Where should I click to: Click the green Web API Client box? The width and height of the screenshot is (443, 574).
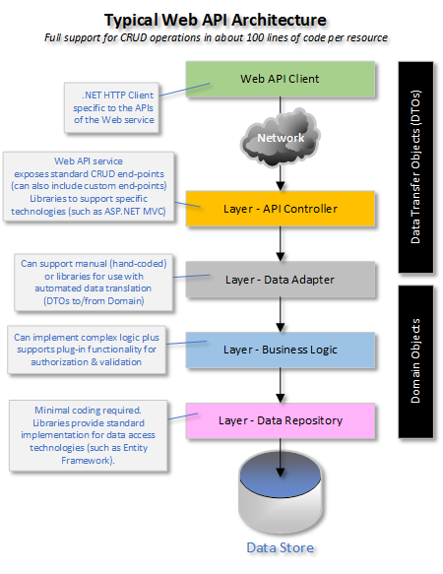point(281,79)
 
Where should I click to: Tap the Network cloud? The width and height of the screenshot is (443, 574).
point(281,138)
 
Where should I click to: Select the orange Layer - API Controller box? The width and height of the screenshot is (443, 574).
point(281,209)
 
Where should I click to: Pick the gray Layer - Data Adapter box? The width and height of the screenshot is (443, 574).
point(281,280)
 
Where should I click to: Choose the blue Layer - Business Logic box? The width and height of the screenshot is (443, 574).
point(281,350)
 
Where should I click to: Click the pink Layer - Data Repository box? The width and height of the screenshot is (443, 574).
point(281,420)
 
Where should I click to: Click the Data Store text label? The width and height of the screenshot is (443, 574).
point(282,547)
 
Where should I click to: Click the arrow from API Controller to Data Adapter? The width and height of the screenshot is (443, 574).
point(281,244)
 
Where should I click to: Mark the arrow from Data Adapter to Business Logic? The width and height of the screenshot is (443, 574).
point(281,315)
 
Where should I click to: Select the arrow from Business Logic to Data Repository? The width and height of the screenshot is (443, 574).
point(281,385)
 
